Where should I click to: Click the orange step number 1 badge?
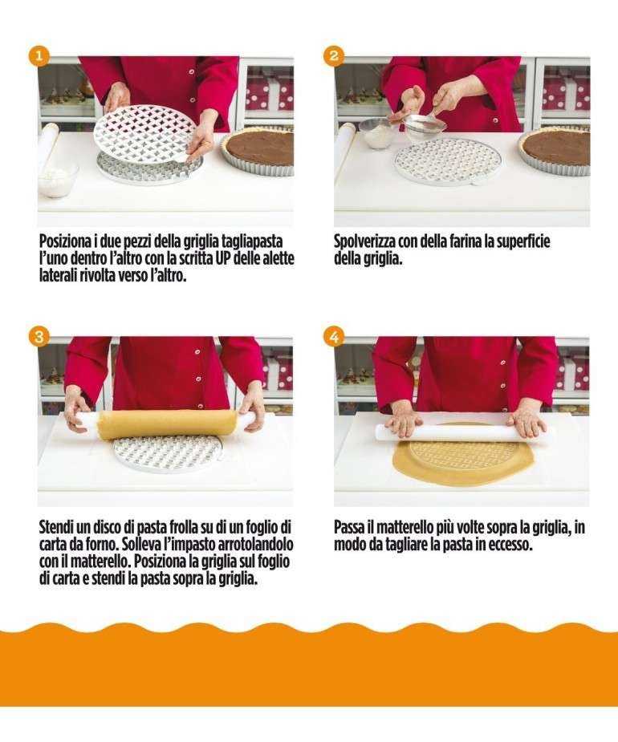[x=39, y=55]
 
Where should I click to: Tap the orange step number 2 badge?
[x=334, y=55]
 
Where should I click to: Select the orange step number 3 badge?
[x=39, y=336]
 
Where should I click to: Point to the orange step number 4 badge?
[x=334, y=336]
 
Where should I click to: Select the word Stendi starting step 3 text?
[x=59, y=527]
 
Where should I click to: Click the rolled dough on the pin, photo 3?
[x=166, y=424]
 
